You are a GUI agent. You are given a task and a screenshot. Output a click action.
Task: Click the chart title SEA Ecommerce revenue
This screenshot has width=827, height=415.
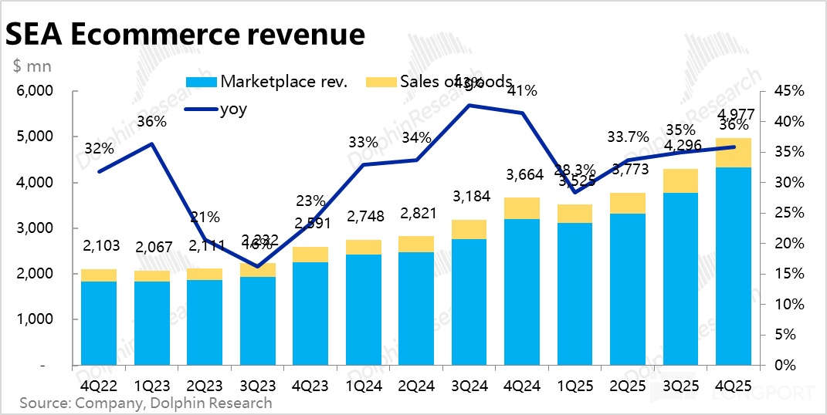coord(185,34)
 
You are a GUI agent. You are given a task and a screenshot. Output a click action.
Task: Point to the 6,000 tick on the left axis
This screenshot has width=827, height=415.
coord(34,91)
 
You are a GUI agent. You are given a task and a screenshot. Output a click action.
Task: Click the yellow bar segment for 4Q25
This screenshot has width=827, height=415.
coord(733,153)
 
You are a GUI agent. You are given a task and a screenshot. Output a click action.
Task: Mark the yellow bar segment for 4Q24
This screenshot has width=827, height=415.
coord(522,208)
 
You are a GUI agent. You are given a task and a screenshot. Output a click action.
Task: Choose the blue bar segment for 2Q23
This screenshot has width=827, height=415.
coord(204,322)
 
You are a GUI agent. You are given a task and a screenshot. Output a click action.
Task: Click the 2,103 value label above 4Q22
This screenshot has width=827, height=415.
coord(99,246)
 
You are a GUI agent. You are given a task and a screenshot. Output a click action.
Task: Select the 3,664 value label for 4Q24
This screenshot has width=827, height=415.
coord(522,175)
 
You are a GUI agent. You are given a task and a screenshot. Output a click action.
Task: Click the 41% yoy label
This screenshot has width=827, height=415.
coord(522,91)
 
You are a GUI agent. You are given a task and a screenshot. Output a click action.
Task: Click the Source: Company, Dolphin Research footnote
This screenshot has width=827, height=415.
coord(145,403)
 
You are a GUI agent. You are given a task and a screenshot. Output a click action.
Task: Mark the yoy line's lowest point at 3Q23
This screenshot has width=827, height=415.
coord(256,267)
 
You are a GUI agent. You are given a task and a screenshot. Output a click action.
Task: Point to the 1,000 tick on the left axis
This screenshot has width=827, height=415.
coord(34,319)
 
